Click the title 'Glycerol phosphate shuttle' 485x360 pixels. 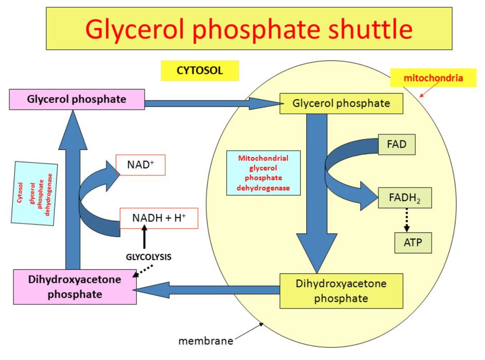249,29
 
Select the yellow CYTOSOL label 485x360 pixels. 200,71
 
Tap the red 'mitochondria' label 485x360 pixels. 433,78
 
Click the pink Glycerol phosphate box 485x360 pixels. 77,99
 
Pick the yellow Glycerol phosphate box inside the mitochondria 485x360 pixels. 341,104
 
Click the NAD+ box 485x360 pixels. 140,165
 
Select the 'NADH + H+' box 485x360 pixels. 159,218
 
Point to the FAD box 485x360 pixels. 396,144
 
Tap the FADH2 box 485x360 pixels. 405,198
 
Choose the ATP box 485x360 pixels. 413,243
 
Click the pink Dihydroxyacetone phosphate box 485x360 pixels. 75,287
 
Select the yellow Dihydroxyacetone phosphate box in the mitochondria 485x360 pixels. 341,291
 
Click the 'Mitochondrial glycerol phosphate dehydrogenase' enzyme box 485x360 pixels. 263,173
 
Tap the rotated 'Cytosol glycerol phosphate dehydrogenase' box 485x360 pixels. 35,193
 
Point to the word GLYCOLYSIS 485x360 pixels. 148,257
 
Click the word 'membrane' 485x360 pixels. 206,341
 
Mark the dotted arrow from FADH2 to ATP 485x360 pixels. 406,220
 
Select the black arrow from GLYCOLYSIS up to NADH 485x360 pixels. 144,237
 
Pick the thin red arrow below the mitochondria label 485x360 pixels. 429,89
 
